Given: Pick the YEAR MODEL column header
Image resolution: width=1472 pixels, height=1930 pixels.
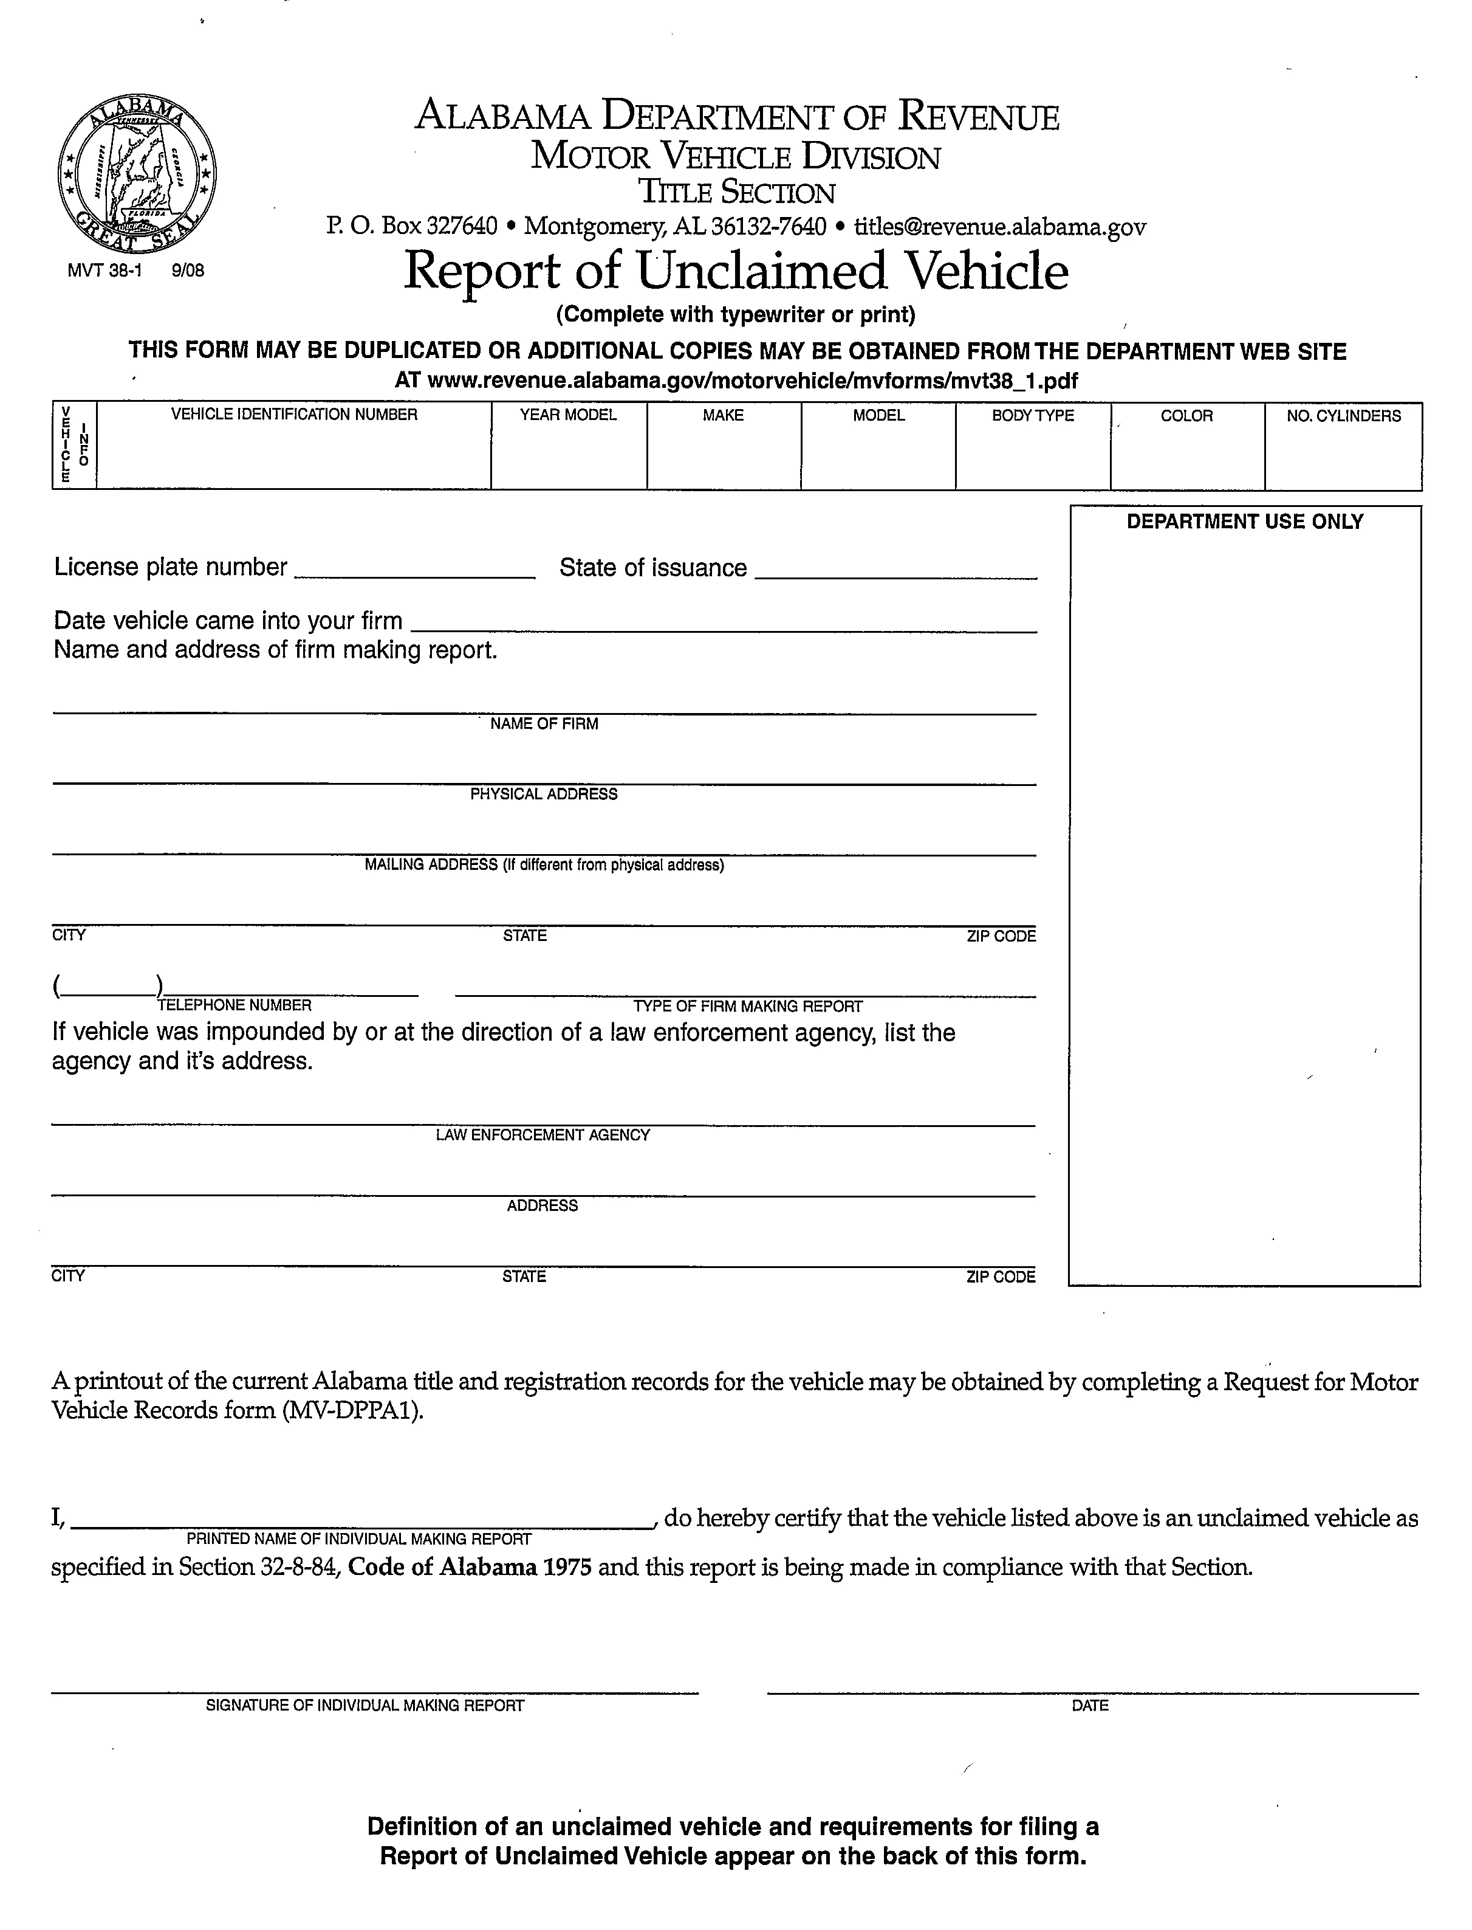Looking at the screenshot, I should pos(568,415).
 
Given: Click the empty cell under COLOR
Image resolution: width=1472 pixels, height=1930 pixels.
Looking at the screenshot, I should pos(1187,460).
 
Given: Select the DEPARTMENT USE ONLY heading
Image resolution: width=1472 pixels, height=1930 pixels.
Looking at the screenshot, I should pos(1244,522).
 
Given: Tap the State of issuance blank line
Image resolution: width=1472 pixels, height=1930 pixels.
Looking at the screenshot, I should pos(895,571).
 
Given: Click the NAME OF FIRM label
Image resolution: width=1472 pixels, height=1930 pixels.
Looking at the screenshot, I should pos(544,724).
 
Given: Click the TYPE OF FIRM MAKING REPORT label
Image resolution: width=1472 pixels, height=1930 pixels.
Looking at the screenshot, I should pos(747,1006).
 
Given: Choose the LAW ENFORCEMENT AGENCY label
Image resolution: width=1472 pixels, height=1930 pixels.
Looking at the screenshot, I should pos(543,1135).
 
